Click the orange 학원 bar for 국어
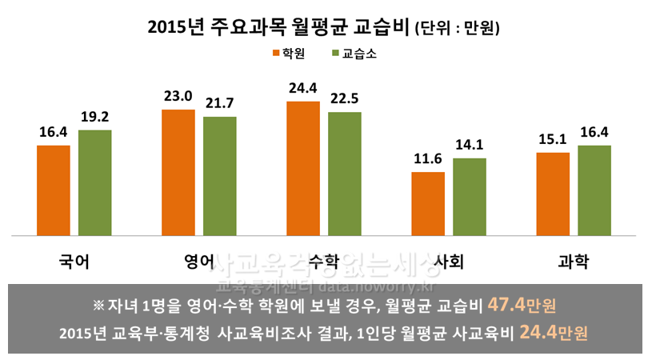pyautogui.click(x=54, y=190)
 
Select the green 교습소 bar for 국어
pyautogui.click(x=94, y=182)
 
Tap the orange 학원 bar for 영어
pyautogui.click(x=178, y=173)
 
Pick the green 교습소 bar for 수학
pyautogui.click(x=344, y=174)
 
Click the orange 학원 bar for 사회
pyautogui.click(x=428, y=204)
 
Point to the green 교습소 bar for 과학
pyautogui.click(x=594, y=190)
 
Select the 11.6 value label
pyautogui.click(x=428, y=159)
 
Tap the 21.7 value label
pyautogui.click(x=219, y=104)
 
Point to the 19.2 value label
pyautogui.click(x=94, y=117)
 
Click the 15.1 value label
pyautogui.click(x=553, y=139)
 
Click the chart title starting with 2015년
pyautogui.click(x=280, y=26)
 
